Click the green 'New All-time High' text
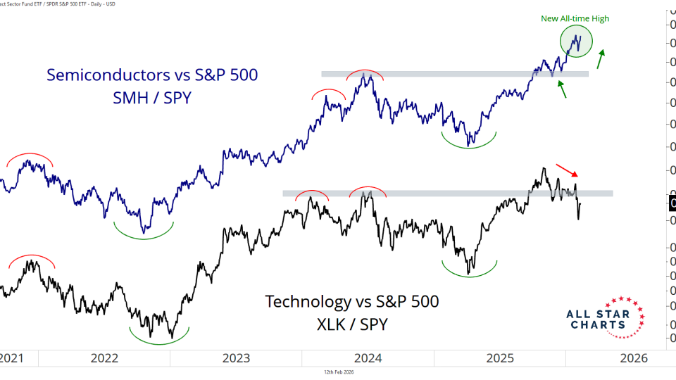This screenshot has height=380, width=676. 575,18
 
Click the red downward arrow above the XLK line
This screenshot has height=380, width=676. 567,170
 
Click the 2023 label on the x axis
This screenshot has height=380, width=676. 237,357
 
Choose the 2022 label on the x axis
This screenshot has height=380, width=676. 104,357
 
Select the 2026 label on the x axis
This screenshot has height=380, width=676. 634,357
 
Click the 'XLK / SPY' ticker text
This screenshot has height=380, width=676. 351,325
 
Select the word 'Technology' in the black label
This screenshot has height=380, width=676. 307,302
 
